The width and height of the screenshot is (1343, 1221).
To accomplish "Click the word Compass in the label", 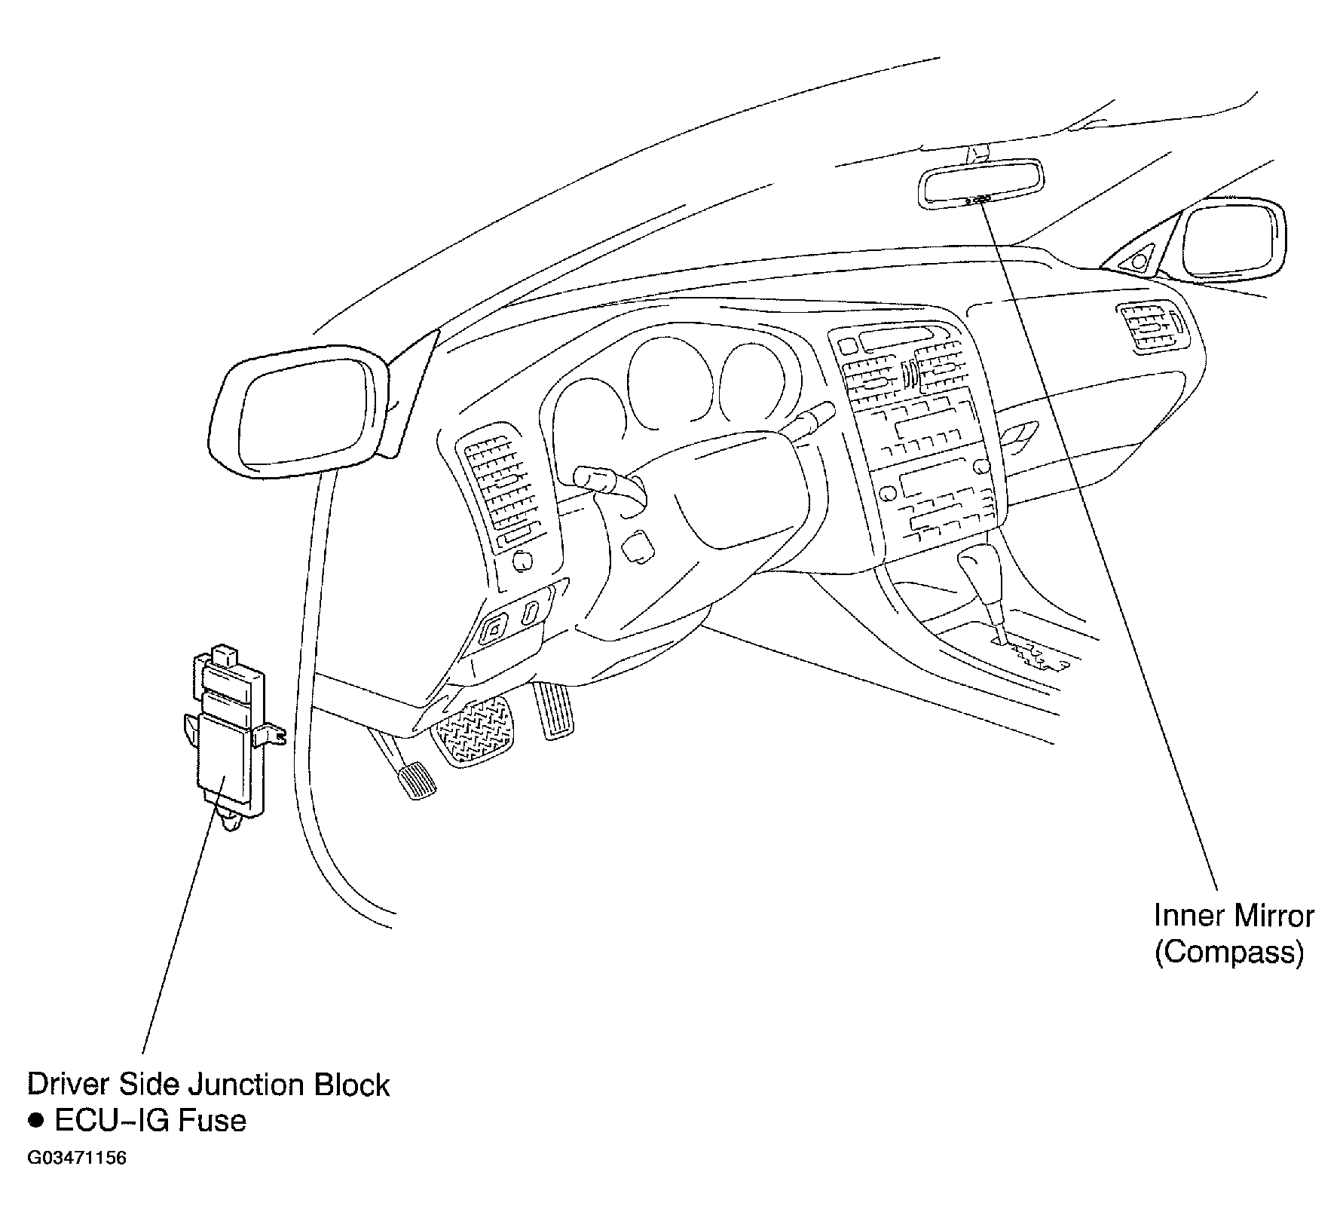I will pos(1229,953).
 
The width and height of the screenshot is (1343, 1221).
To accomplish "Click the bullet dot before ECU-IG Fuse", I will pos(35,1121).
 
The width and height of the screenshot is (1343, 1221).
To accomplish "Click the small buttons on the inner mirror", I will pos(977,200).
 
